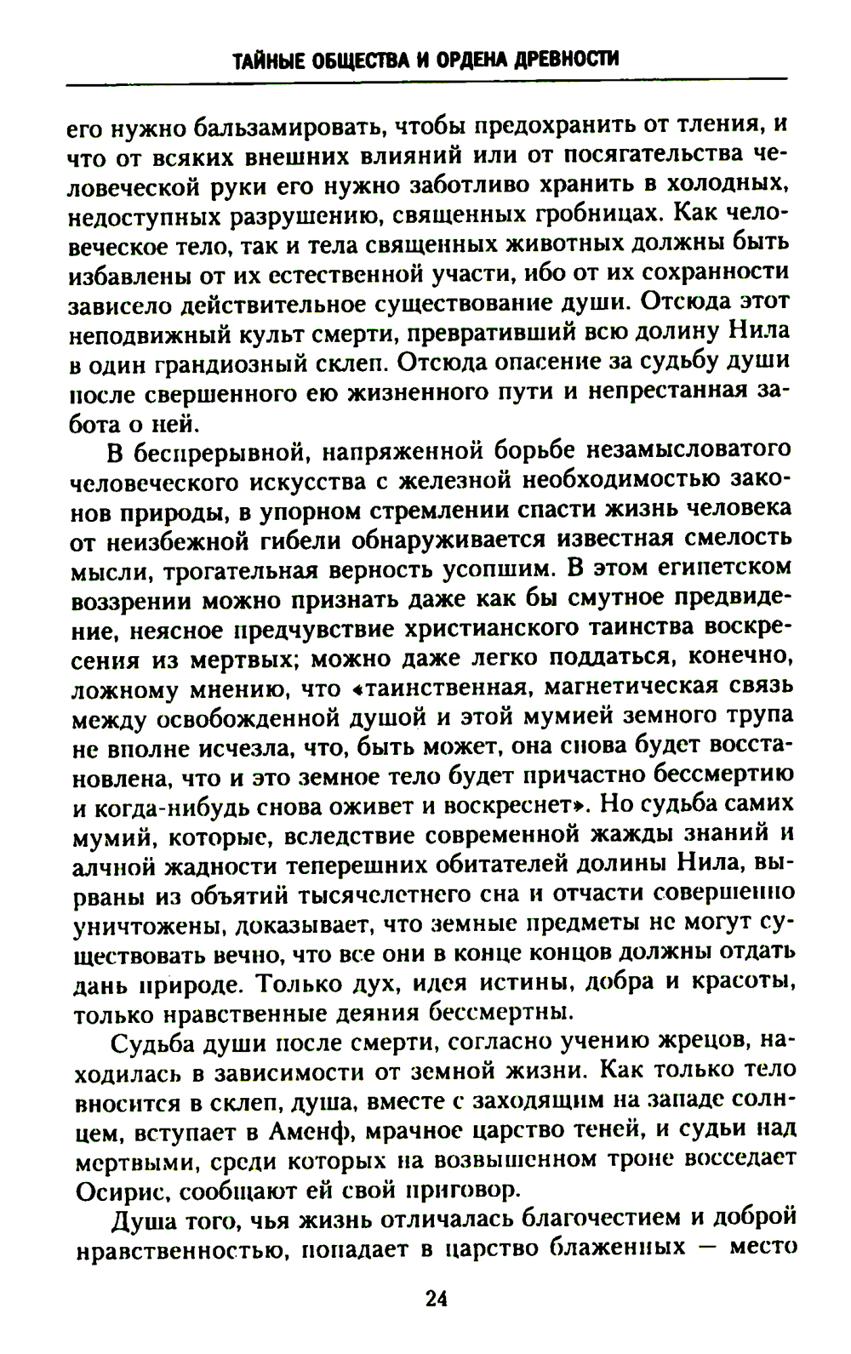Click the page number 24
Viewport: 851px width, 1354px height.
pyautogui.click(x=435, y=1299)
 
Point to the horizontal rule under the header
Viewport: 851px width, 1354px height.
pyautogui.click(x=425, y=81)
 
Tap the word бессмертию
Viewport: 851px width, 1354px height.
pyautogui.click(x=724, y=777)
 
